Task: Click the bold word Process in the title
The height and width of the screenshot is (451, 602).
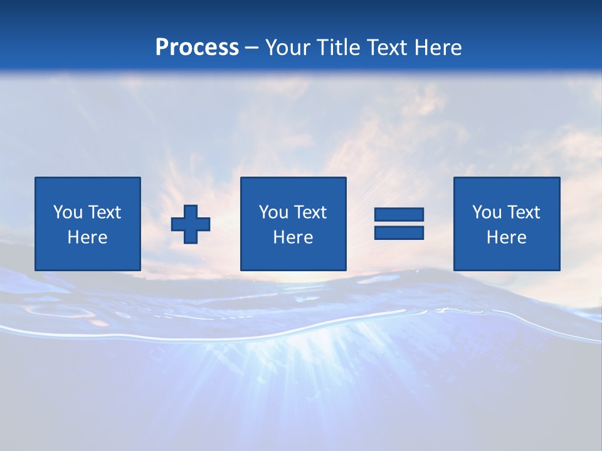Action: pos(197,48)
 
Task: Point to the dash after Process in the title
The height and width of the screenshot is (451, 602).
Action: pos(252,48)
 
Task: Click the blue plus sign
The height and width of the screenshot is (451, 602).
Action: pos(191,224)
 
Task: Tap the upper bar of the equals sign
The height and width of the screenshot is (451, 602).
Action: pos(399,214)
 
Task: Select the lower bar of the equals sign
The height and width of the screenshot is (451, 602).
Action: pos(399,232)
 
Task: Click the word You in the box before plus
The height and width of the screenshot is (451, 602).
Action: pos(68,212)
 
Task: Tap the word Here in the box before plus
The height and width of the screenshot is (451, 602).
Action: pos(87,237)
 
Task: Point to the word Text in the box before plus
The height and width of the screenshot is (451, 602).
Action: pos(104,212)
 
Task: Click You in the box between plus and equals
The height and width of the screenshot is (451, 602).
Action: pos(273,212)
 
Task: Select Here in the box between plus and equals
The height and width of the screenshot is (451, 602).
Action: pos(293,237)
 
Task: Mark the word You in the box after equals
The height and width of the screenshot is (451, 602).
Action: pos(487,212)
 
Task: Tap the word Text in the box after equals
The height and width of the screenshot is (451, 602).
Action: pos(523,212)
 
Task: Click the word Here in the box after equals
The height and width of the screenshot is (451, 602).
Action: pos(506,237)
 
